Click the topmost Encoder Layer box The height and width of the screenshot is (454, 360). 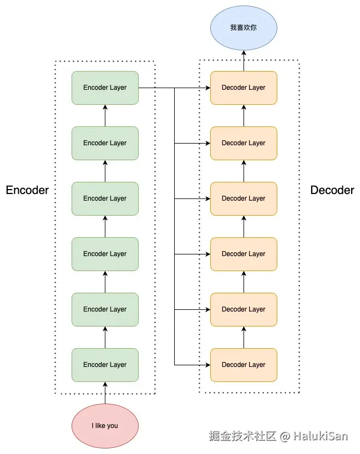105,88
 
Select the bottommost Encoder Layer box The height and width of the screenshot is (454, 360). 105,365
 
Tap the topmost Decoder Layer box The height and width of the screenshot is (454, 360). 244,88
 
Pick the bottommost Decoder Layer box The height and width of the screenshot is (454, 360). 244,365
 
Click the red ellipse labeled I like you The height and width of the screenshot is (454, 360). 105,426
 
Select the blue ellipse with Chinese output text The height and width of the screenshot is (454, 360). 244,27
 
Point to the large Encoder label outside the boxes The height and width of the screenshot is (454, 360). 27,190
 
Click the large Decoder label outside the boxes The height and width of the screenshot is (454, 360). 332,190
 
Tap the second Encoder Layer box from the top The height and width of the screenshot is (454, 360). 105,143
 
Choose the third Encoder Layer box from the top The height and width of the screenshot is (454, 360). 105,198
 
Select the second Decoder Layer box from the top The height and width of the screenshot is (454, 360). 244,143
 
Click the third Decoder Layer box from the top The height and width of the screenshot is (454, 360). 244,198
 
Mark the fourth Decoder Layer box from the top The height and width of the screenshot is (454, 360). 244,254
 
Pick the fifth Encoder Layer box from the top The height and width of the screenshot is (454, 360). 105,309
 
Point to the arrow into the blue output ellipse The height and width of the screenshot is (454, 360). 244,60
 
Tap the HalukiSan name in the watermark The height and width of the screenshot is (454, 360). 321,436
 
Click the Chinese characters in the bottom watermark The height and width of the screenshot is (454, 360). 242,436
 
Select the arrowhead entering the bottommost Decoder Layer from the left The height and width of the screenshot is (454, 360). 207,365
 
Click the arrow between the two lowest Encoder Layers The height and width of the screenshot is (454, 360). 105,337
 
